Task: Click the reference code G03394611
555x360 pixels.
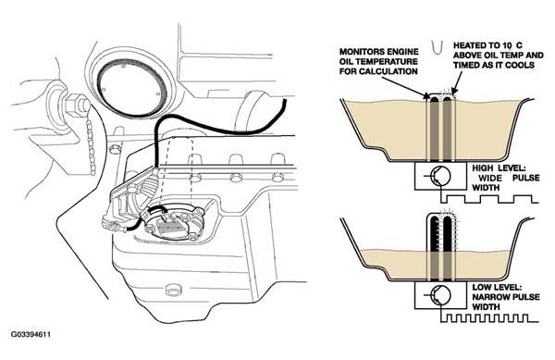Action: coord(31,334)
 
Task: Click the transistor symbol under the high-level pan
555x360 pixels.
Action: coord(440,175)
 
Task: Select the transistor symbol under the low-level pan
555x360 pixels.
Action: coord(440,294)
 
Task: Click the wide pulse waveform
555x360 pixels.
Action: coord(490,199)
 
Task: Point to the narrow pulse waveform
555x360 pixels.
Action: coord(490,318)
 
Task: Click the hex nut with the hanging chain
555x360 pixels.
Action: coord(76,106)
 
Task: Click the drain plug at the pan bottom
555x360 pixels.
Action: coord(172,290)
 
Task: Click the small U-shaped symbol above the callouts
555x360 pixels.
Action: coord(438,46)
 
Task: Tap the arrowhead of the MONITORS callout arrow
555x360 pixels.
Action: coord(426,95)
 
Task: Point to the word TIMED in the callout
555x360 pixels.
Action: coord(466,65)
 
